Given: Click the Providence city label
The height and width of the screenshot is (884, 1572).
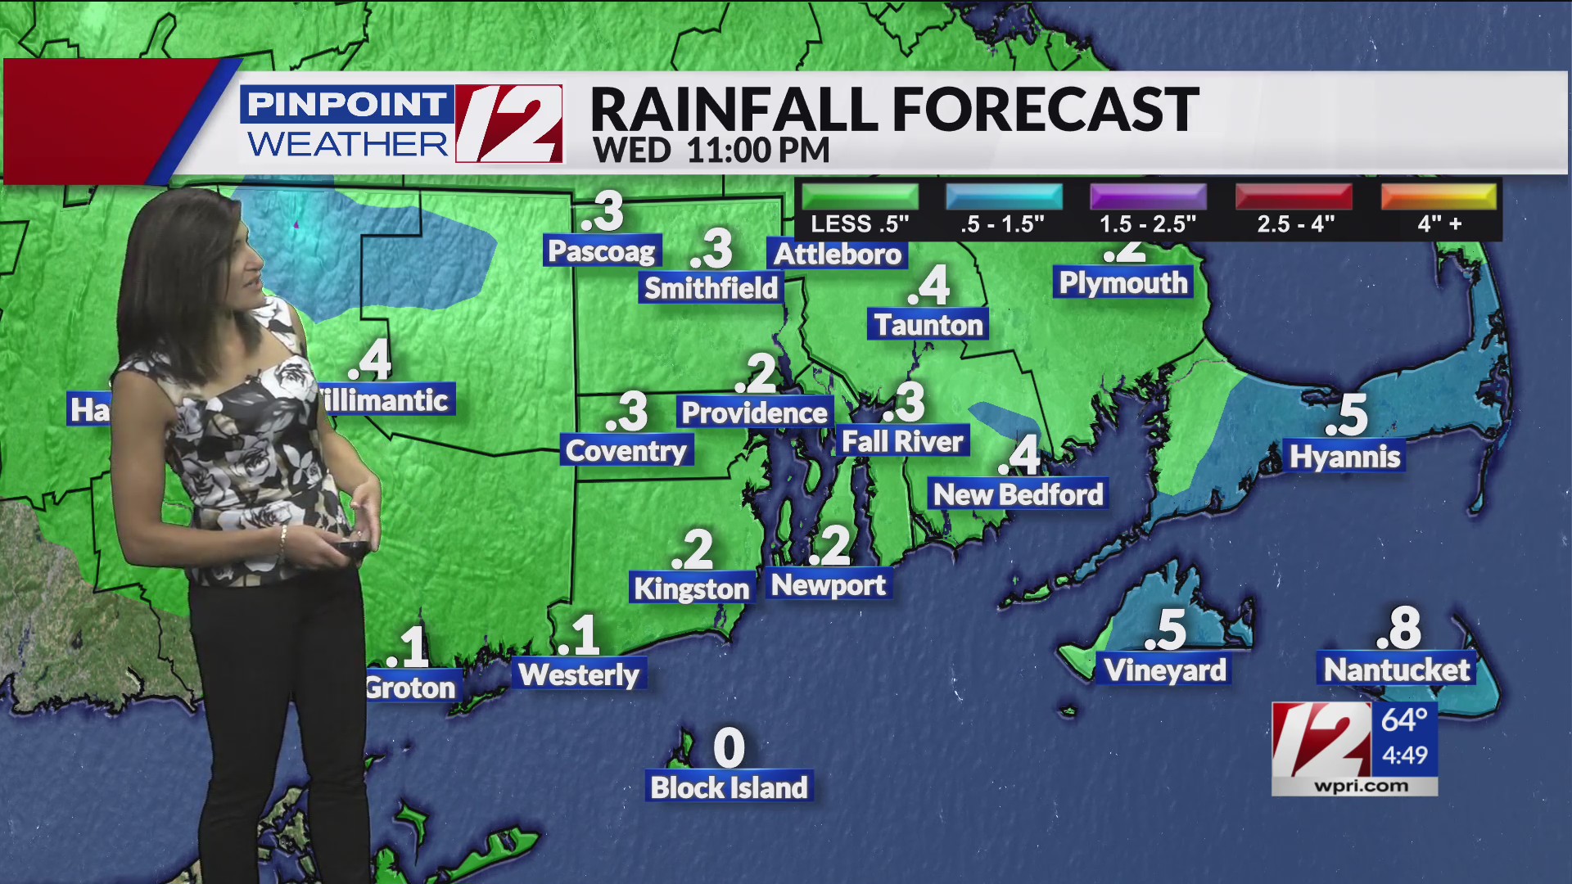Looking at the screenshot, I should (754, 413).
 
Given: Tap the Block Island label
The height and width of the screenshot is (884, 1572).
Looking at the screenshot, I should (729, 787).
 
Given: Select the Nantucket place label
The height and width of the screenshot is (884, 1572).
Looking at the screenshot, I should (1397, 670).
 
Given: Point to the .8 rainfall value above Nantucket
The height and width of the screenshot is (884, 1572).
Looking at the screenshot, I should (1399, 629).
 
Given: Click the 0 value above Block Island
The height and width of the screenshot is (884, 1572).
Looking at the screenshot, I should (729, 747).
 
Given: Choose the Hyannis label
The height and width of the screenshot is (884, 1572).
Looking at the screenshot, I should (1344, 457).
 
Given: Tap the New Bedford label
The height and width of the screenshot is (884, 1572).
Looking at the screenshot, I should (1019, 494).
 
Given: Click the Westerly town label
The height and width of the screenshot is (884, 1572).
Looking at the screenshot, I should (579, 674).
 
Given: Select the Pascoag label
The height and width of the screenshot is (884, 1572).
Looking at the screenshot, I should (602, 251).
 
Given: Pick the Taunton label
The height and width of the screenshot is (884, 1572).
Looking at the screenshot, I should (928, 325).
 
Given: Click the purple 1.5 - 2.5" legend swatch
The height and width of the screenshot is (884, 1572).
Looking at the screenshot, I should (1148, 197).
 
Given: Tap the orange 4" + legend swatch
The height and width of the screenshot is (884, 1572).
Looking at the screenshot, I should (1439, 197).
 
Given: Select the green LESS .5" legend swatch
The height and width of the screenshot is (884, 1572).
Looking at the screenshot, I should (860, 197).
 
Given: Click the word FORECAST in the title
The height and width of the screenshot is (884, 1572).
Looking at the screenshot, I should (1046, 110).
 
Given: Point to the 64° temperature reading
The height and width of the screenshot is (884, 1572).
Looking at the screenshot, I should (1404, 720).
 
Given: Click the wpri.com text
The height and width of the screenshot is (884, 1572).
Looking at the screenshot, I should (1361, 787).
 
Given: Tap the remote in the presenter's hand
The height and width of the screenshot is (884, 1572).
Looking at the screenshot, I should (354, 546).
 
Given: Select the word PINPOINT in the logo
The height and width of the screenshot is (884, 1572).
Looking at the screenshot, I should (346, 105).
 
